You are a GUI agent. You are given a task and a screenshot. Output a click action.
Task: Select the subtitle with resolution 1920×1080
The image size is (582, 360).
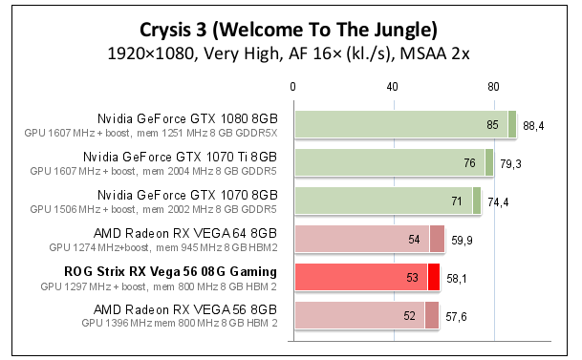291,53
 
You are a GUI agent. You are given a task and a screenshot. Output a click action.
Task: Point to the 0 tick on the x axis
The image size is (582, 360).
293,87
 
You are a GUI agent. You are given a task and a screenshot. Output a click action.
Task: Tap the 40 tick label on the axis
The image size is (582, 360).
393,87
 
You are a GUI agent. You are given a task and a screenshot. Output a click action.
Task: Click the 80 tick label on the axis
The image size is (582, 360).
494,87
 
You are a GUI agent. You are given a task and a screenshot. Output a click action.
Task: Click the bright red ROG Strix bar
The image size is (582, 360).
363,277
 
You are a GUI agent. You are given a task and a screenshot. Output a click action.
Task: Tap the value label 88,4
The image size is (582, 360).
533,125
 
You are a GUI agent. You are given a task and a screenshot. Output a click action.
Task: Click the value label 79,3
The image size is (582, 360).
510,163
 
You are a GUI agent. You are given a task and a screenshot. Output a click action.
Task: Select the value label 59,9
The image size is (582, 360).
462,240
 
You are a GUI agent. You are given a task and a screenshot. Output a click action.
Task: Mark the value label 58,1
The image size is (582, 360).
457,278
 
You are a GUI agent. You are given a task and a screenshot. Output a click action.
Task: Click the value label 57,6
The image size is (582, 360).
456,316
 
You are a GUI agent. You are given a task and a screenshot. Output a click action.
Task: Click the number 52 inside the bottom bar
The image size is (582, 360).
410,316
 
